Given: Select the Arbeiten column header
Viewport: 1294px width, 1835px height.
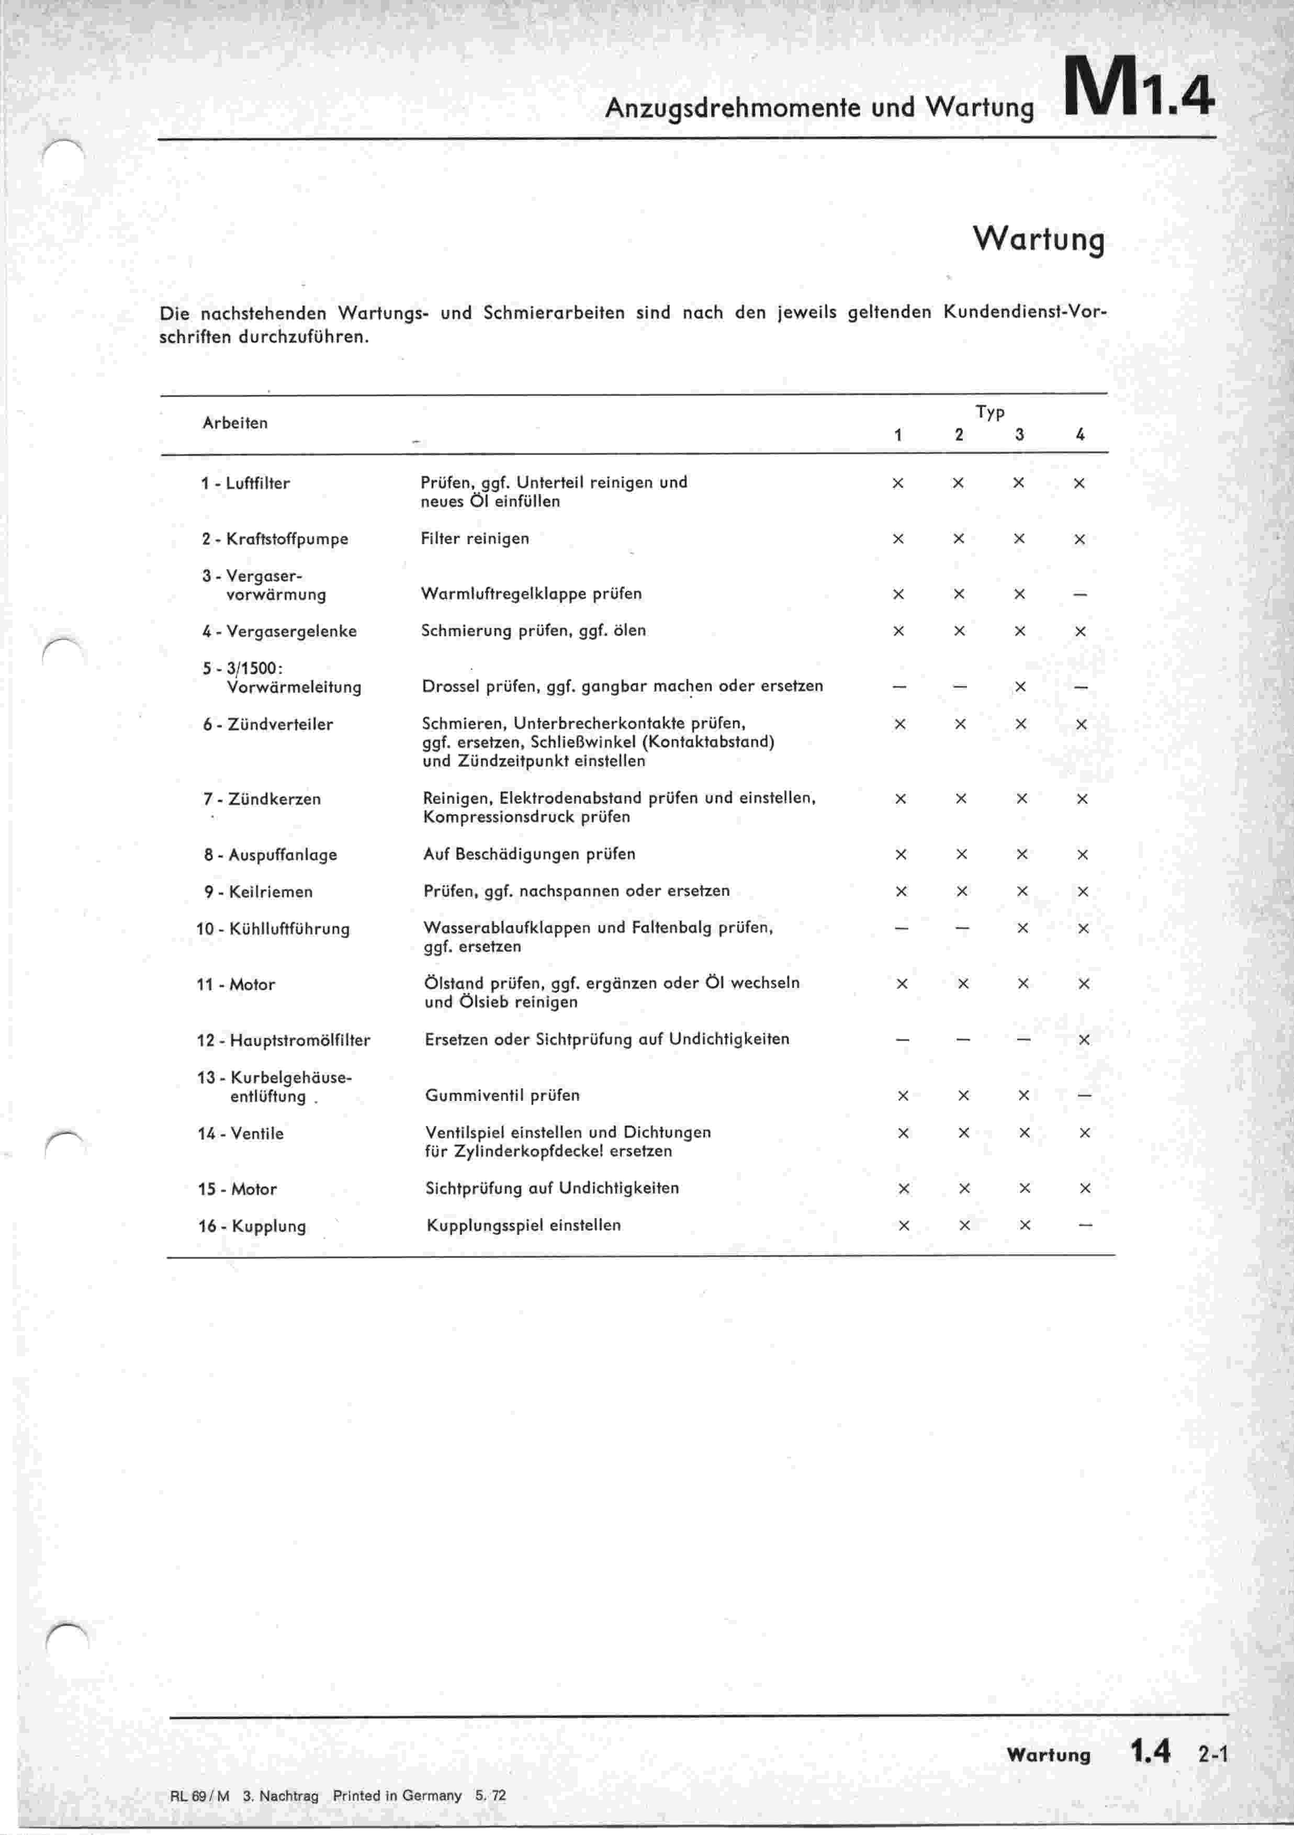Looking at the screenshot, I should (235, 423).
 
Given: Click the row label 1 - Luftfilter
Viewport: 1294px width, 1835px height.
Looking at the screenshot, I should (245, 483).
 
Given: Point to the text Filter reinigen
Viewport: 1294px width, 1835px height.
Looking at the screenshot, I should (475, 538).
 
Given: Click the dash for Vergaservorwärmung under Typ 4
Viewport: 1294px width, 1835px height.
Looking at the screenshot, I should (1080, 594).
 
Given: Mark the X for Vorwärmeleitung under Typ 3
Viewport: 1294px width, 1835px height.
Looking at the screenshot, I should (1020, 686).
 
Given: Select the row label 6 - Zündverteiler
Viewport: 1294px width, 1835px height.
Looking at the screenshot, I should (268, 725).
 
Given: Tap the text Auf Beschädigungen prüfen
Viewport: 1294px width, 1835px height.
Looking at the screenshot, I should (529, 854).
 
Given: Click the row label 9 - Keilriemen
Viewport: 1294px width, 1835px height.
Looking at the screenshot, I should (258, 892).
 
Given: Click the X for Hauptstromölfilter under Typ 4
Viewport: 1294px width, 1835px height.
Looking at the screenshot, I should (1084, 1040).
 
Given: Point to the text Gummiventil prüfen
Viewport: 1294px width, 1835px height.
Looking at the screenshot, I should (502, 1096).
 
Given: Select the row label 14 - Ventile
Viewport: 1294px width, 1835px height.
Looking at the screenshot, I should (241, 1133).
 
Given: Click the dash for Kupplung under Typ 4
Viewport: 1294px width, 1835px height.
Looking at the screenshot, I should (1085, 1226).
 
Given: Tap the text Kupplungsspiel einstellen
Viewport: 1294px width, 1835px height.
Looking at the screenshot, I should (524, 1226).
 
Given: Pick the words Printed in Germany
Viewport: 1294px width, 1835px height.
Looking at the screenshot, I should (397, 1795).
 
